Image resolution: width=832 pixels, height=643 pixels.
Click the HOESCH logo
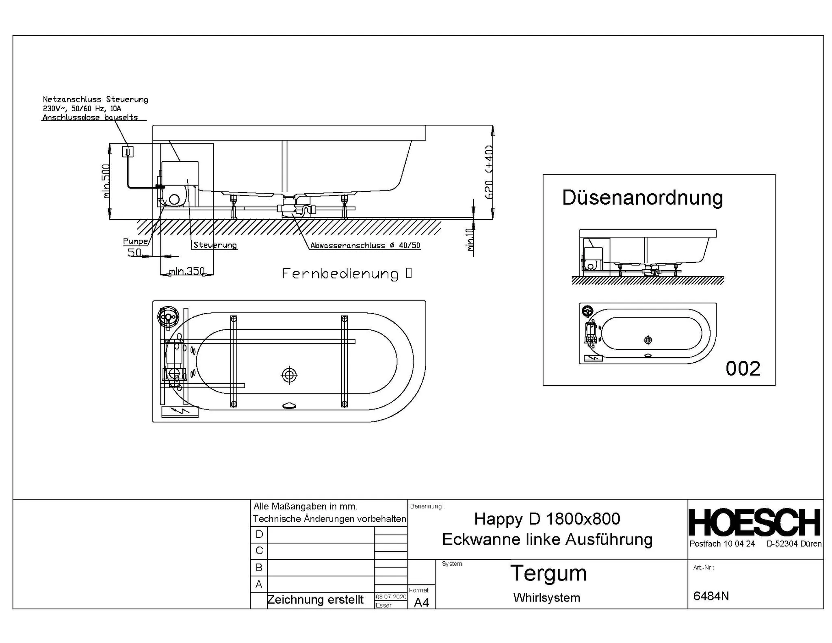click(x=755, y=522)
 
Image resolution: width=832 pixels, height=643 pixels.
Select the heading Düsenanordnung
click(x=642, y=198)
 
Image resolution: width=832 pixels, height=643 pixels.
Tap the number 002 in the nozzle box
click(x=743, y=369)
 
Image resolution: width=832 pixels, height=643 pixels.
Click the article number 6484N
click(x=711, y=596)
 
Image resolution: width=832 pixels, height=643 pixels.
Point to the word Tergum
click(x=548, y=573)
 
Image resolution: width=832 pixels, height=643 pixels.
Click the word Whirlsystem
click(x=546, y=598)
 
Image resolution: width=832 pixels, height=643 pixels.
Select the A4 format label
click(x=421, y=602)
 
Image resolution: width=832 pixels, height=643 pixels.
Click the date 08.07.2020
click(x=391, y=597)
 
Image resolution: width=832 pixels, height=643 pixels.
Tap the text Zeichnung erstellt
click(x=315, y=600)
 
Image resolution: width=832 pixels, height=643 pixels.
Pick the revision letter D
click(x=259, y=534)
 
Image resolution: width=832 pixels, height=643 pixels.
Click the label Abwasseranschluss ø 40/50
click(x=365, y=245)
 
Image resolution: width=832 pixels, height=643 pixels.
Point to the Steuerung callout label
click(x=214, y=245)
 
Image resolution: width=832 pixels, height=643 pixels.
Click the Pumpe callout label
click(x=135, y=241)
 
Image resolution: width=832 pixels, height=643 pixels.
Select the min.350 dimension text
click(x=187, y=271)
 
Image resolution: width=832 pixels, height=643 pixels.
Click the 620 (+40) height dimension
click(x=489, y=172)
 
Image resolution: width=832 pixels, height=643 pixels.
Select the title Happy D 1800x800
click(x=547, y=519)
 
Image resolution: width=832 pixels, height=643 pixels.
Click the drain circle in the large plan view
click(x=289, y=375)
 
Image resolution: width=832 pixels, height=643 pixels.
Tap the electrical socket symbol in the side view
click(x=128, y=152)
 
